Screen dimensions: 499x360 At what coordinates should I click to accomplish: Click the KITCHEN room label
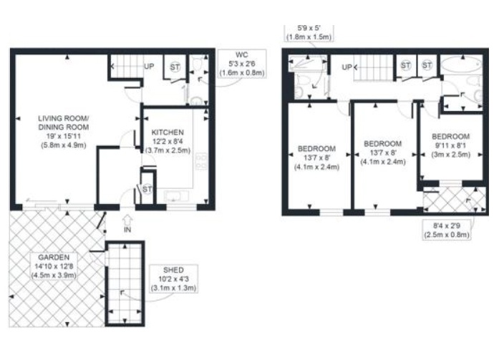(168, 132)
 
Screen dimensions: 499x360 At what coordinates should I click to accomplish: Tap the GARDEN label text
(54, 257)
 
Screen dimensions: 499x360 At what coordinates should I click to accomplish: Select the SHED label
(173, 270)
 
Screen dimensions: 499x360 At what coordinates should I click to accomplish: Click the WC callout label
(242, 54)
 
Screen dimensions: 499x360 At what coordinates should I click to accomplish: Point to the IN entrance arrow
(127, 220)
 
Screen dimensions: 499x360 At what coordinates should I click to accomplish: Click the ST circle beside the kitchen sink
(147, 189)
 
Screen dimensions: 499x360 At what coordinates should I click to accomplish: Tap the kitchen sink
(176, 196)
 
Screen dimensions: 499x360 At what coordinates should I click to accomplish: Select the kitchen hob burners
(201, 161)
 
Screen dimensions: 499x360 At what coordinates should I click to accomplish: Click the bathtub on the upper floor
(461, 64)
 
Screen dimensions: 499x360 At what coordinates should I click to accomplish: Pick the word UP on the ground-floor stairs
(149, 67)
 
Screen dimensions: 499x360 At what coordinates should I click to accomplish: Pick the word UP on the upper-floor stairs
(347, 67)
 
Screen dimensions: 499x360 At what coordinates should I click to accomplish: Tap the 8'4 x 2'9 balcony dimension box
(447, 230)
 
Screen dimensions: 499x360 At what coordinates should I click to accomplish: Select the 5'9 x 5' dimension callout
(308, 32)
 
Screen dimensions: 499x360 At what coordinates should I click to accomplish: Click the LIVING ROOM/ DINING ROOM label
(63, 123)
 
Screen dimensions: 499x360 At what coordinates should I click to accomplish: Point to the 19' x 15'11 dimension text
(63, 136)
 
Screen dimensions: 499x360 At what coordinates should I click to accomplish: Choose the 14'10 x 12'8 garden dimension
(54, 266)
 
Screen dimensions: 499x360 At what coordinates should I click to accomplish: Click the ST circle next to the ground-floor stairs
(175, 67)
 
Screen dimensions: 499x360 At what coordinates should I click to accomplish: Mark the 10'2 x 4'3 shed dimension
(173, 279)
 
